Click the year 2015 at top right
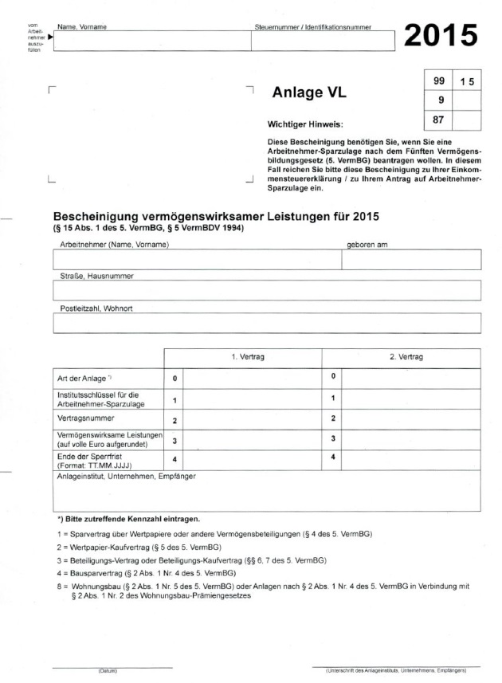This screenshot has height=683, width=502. [x=441, y=35]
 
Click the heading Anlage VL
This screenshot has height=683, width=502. [x=309, y=92]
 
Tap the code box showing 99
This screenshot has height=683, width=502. [x=439, y=81]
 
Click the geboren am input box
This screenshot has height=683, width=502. [x=410, y=261]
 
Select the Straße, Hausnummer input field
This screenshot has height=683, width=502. [x=267, y=291]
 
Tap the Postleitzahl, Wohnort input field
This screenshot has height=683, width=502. [x=267, y=323]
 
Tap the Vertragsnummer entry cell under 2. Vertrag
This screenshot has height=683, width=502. [x=410, y=418]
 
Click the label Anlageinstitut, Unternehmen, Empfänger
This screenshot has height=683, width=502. [x=126, y=477]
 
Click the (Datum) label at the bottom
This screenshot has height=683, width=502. [x=108, y=671]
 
